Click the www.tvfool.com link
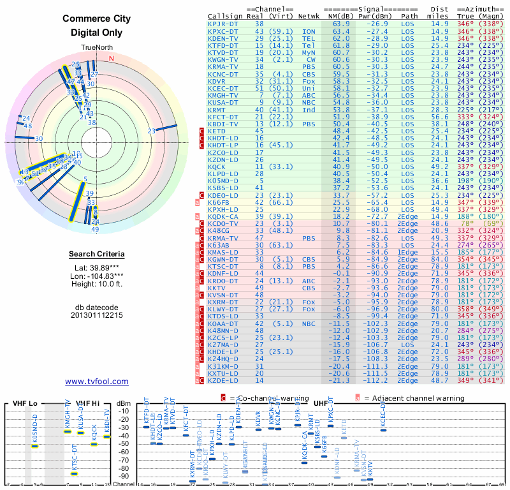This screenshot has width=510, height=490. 97,382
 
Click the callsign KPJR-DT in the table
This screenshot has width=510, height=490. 223,24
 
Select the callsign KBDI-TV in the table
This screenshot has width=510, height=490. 223,124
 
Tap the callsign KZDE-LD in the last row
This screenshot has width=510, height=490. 223,380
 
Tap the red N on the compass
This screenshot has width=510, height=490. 112,59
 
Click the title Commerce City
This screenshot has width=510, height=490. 97,18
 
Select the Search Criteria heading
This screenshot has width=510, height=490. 97,255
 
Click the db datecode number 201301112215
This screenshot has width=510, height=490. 97,315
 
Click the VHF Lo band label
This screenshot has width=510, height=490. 24,403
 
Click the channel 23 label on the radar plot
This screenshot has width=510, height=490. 151,131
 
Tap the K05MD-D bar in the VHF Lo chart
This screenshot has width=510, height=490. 34,445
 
